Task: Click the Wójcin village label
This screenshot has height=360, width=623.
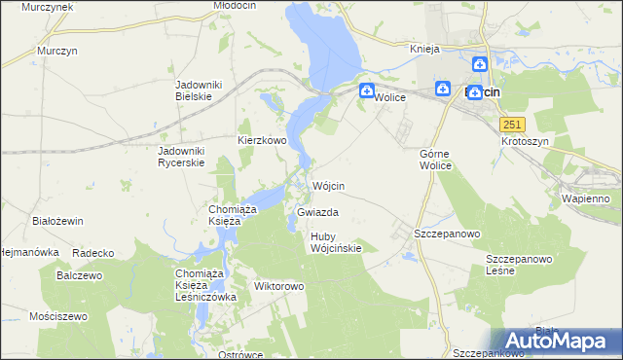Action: (x=330, y=185)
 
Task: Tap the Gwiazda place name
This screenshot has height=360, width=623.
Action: (x=318, y=211)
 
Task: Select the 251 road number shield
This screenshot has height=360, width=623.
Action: (x=513, y=125)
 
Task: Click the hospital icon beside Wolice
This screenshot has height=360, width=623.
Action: (x=366, y=92)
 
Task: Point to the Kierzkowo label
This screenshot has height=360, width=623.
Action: (x=262, y=140)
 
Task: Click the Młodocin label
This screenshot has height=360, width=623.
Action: (x=233, y=6)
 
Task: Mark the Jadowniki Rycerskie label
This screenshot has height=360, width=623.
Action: (x=182, y=157)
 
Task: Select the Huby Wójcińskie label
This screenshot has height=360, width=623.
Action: (x=336, y=242)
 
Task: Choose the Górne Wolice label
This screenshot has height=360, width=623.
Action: (x=435, y=160)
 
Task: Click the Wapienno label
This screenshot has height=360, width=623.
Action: (x=585, y=198)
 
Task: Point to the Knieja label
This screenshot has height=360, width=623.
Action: (x=425, y=49)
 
